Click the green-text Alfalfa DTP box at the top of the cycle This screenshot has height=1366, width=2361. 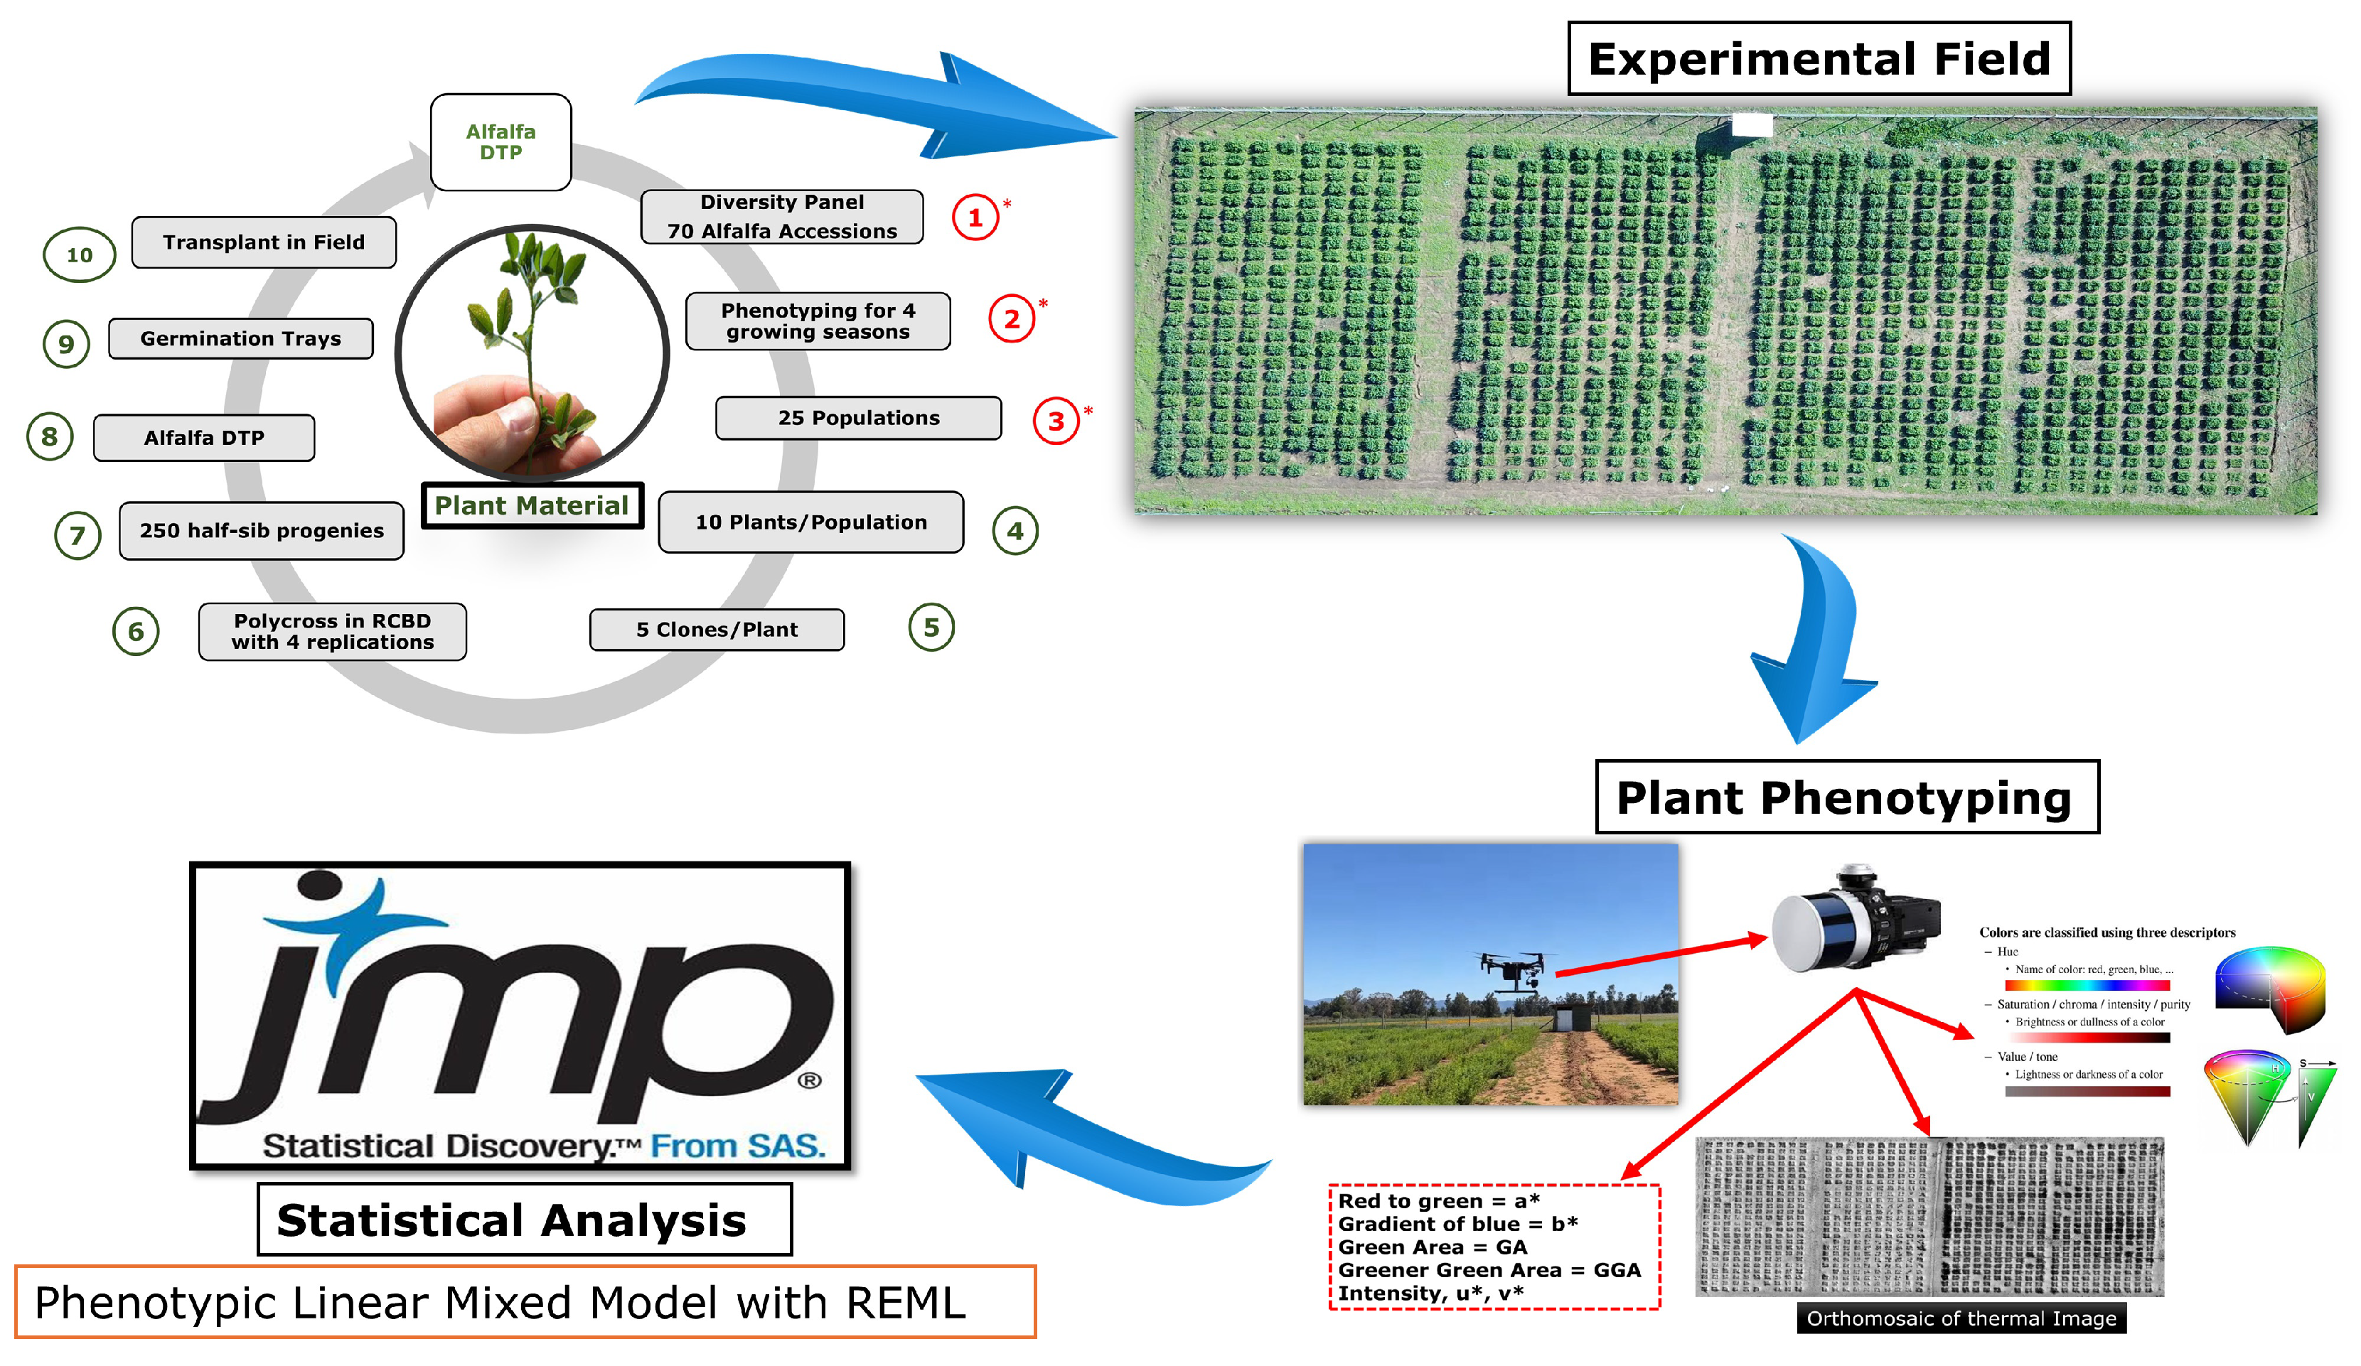500,141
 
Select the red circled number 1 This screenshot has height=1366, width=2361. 975,217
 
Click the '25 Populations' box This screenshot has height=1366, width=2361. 857,418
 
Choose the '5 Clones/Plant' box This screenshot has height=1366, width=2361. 716,630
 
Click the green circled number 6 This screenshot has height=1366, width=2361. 136,631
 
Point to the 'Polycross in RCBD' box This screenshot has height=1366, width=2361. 332,631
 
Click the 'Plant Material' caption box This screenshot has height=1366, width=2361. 531,506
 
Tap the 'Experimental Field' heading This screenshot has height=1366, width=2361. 1818,59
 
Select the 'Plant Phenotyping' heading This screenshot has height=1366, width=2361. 1846,797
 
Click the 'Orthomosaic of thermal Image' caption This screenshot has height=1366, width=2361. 1960,1318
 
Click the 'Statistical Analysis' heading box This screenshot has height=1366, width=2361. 524,1219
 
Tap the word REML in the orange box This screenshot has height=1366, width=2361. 904,1302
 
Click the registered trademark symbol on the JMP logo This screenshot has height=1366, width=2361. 810,1080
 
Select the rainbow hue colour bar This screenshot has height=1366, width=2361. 2087,986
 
